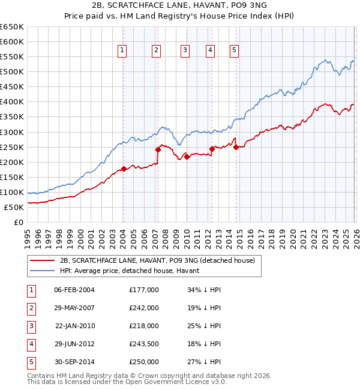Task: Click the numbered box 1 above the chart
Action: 122,51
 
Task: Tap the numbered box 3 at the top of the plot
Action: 185,51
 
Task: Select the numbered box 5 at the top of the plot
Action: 233,51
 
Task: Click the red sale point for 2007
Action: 158,149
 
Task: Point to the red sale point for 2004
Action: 123,169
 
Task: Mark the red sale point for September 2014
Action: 236,147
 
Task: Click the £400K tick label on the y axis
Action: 12,102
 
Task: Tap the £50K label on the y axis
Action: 14,207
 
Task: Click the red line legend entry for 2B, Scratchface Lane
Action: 157,260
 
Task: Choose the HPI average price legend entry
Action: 133,271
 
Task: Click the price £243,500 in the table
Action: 144,344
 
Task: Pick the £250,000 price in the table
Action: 144,362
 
